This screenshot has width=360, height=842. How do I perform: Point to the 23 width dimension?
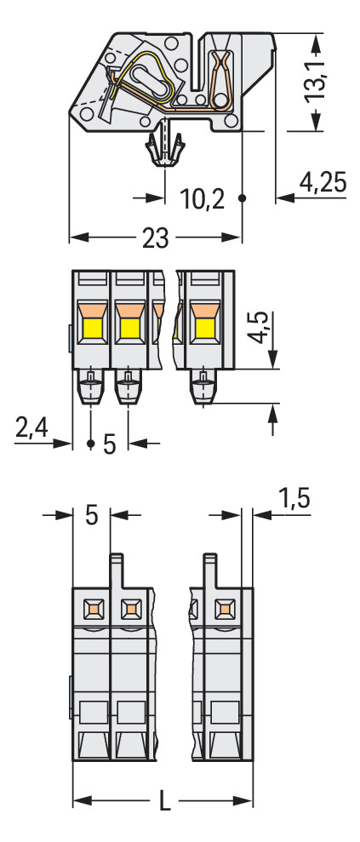(155, 238)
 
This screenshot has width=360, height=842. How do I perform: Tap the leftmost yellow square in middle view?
(91, 327)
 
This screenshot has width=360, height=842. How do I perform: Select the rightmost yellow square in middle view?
(205, 327)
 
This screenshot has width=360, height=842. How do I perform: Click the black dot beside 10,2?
(243, 198)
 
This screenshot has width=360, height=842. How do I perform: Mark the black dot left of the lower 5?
(90, 444)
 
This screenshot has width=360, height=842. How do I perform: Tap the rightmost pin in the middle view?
(203, 388)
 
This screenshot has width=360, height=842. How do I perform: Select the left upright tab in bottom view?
(117, 570)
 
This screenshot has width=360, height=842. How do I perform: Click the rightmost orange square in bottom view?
(224, 608)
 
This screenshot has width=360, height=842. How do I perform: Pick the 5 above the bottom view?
(92, 515)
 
